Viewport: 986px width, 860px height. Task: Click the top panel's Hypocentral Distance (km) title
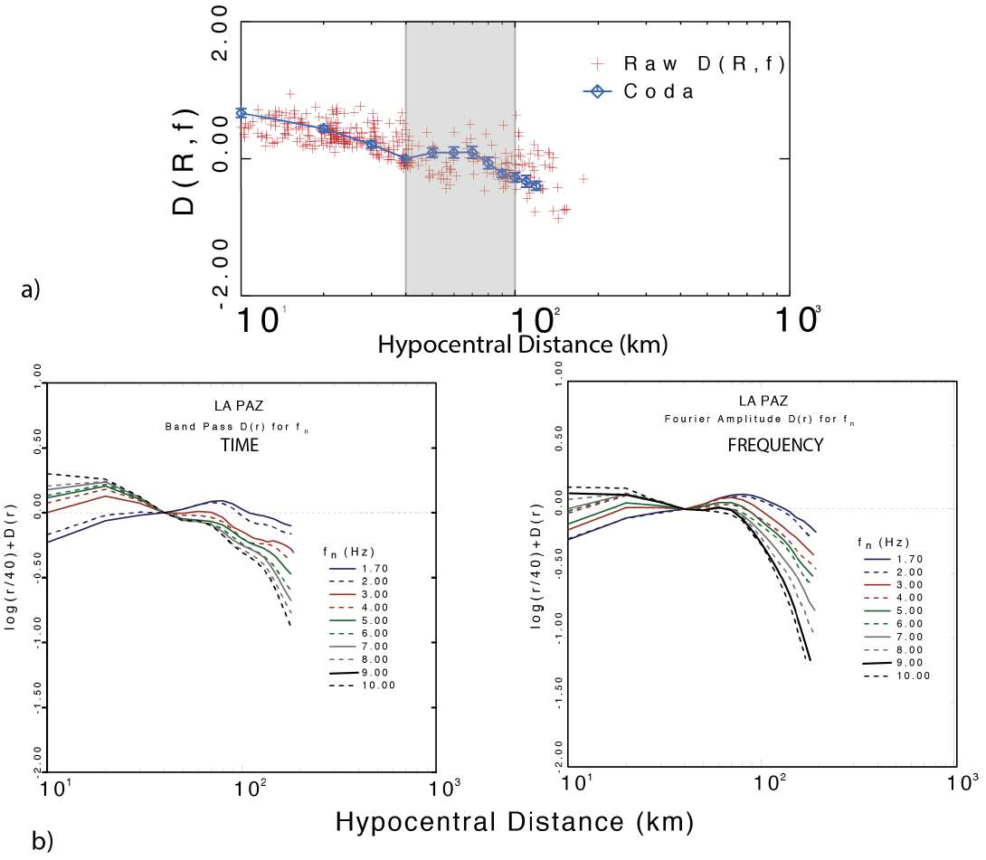coord(522,345)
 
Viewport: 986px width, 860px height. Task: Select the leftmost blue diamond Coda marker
coord(241,113)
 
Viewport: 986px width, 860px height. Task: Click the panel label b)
coord(43,840)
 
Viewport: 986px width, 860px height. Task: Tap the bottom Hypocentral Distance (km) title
coord(515,821)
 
